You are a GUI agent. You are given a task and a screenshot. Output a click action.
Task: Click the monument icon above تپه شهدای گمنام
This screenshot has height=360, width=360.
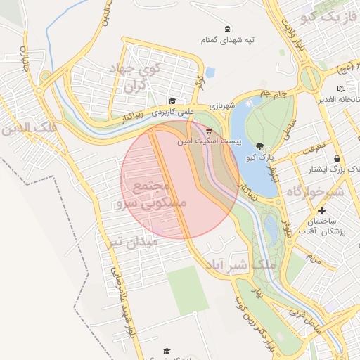pos(226,30)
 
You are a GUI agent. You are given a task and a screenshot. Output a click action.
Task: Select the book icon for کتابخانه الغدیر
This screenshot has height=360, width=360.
pos(341,89)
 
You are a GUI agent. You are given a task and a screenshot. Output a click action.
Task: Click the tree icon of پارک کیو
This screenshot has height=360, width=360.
pos(261,146)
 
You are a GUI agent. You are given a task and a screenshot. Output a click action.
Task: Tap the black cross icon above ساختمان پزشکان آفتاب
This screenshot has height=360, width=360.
pos(322,210)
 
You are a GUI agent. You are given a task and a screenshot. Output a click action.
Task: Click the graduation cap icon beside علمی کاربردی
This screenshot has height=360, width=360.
pos(173,101)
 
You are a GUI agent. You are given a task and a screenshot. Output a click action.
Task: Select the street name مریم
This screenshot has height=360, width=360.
pos(314,259)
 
